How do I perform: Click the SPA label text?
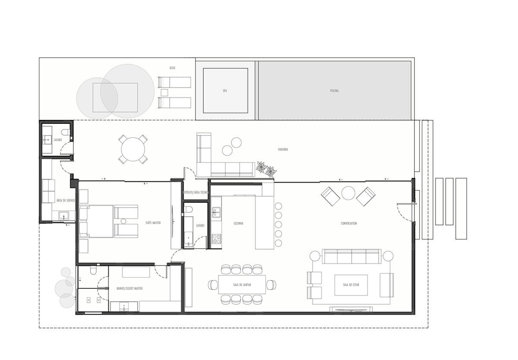(x=225, y=91)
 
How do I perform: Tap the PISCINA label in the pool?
(x=334, y=91)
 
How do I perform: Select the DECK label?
(x=173, y=68)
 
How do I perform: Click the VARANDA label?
(x=283, y=150)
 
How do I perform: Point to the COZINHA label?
(x=238, y=224)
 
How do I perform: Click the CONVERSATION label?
(x=349, y=224)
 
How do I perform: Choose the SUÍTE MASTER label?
(x=153, y=223)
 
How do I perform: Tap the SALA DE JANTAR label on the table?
(x=242, y=285)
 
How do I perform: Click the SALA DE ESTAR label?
(x=351, y=285)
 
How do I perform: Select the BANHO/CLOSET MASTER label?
(x=129, y=288)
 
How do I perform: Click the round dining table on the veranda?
(x=133, y=149)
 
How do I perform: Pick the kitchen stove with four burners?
(x=216, y=239)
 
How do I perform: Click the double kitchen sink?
(x=216, y=212)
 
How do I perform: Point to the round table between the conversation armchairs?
(x=348, y=193)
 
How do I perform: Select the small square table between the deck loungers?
(x=164, y=92)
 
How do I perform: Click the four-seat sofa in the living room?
(x=351, y=256)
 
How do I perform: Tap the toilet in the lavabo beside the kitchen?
(x=188, y=210)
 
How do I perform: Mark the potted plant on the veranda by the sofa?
(x=265, y=169)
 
